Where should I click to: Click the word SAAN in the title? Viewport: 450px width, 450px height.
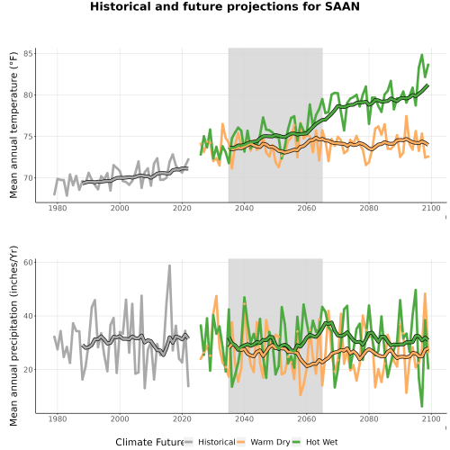[342, 6]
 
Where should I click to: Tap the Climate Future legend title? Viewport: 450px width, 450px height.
[149, 442]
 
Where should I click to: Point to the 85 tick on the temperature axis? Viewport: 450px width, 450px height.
[30, 54]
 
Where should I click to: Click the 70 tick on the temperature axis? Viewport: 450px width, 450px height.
[30, 178]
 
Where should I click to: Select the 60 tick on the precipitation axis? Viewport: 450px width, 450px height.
[30, 263]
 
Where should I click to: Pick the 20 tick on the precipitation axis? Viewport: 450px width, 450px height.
[30, 370]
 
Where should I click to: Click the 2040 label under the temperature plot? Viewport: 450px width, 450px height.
[244, 208]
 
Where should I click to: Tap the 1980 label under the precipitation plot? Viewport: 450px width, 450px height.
[58, 418]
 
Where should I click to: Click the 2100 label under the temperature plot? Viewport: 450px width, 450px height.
[431, 208]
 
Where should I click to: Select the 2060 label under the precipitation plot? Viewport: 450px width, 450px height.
[307, 418]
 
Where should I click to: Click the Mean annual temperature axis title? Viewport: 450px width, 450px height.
[13, 125]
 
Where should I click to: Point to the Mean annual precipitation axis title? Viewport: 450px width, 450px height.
[13, 336]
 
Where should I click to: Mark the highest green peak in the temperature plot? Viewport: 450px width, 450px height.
[422, 55]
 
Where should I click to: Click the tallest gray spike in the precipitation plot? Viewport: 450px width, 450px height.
[169, 265]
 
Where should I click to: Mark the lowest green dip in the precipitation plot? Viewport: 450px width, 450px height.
[422, 406]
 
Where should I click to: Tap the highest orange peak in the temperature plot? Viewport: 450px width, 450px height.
[406, 116]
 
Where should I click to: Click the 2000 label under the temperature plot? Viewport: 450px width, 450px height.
[120, 208]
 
